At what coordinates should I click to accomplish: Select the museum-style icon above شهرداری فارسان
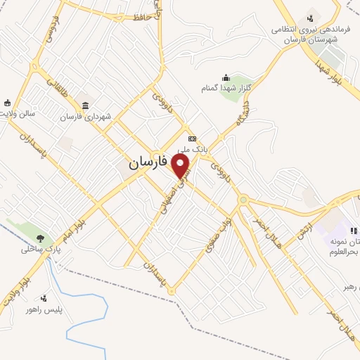[85, 105]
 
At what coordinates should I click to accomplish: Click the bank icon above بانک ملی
[192, 138]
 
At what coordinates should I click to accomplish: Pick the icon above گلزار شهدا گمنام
[225, 77]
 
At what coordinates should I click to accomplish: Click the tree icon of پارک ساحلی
[41, 238]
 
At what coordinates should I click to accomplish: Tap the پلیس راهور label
[44, 310]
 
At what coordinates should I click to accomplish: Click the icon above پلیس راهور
[44, 299]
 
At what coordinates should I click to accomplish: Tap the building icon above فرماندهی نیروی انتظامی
[309, 19]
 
